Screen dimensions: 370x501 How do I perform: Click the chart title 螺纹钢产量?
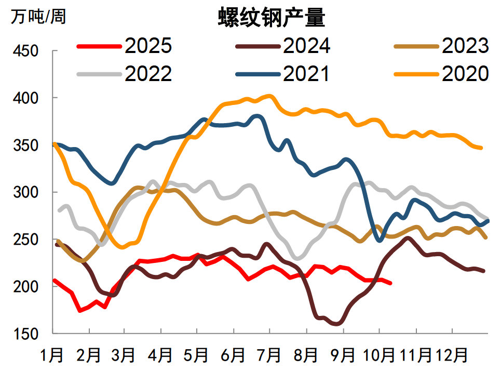(271, 19)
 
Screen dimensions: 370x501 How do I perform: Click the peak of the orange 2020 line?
(269, 96)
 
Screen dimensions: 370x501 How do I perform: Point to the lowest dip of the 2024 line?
(337, 324)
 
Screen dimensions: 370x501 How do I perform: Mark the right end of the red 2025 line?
(390, 283)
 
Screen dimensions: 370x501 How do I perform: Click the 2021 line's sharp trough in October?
(380, 240)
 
